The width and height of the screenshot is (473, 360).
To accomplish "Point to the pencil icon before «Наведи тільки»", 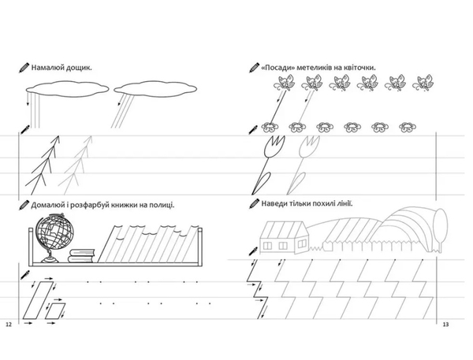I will point(254,203).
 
